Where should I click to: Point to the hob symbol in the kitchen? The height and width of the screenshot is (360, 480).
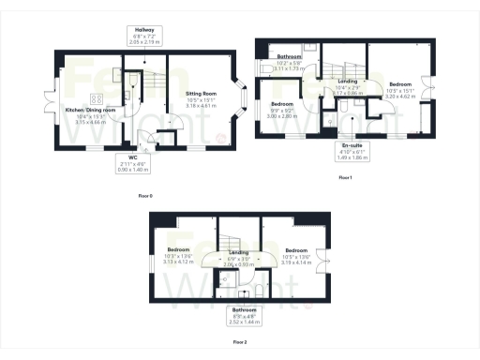[96, 98]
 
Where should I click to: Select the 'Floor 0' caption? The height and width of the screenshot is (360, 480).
[144, 195]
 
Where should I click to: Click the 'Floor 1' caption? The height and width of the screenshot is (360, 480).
[345, 177]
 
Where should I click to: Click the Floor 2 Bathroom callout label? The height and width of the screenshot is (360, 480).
[246, 314]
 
